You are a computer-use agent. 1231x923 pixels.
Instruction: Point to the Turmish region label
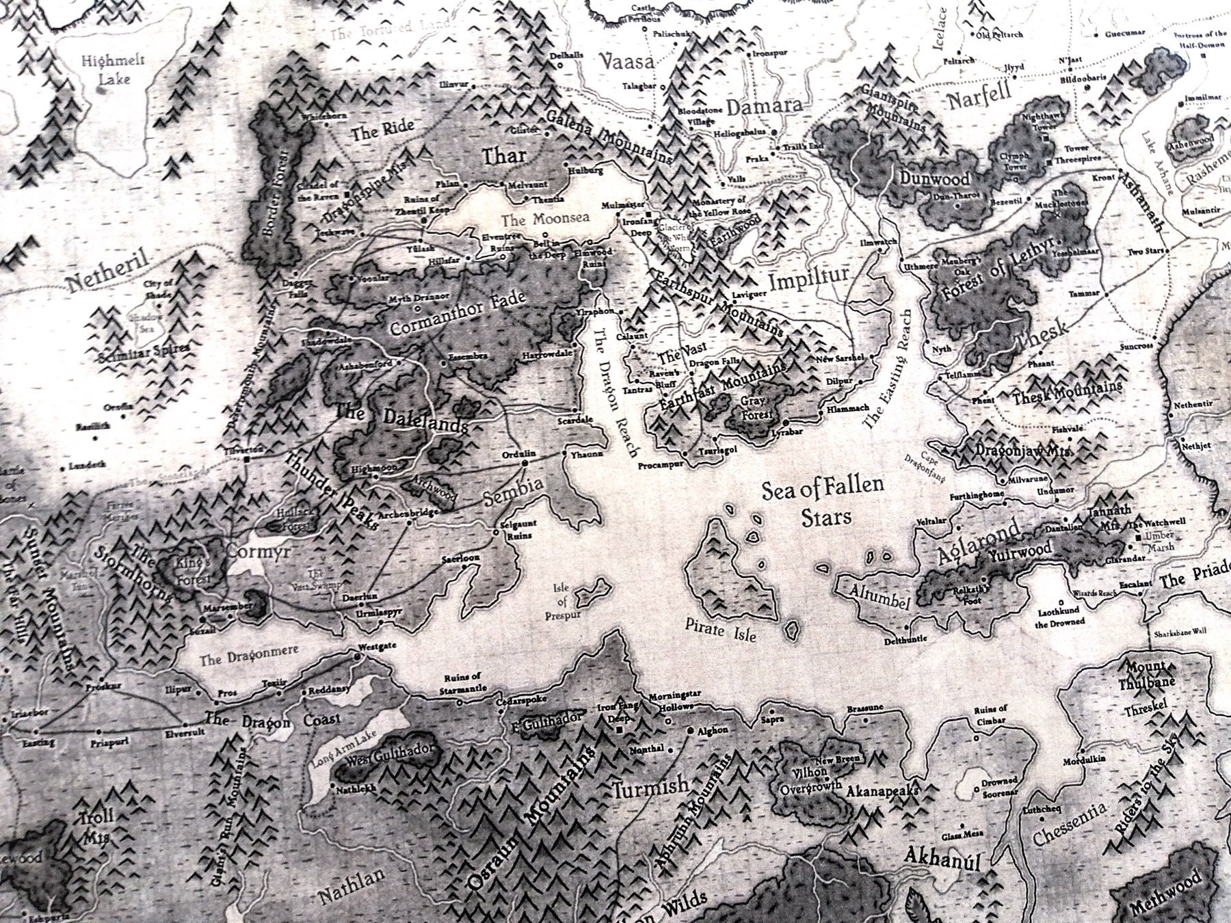click(650, 788)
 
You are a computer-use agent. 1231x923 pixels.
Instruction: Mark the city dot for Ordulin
click(525, 463)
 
